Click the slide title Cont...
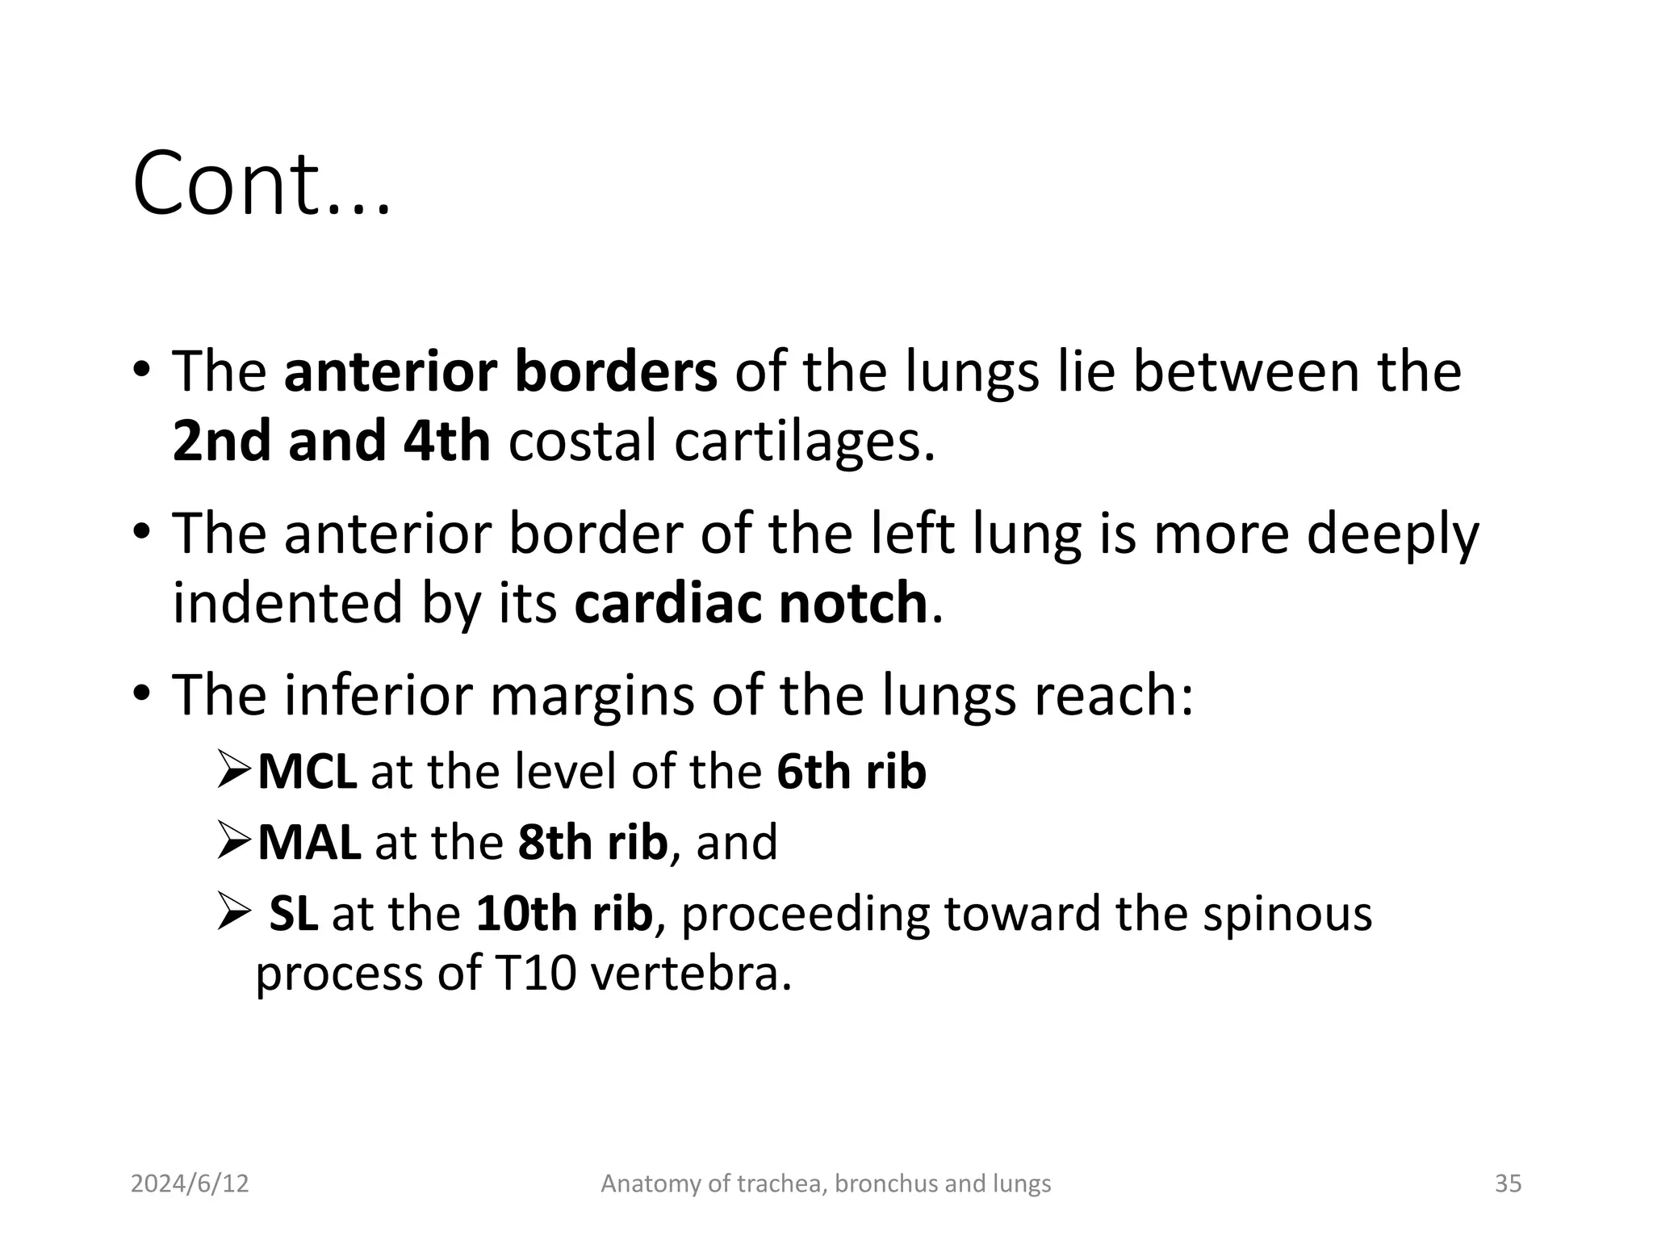[x=262, y=184]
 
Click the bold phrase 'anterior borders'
[x=500, y=371]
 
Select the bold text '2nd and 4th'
[x=331, y=442]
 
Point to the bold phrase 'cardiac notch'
[x=751, y=603]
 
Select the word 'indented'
[x=287, y=603]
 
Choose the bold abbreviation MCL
[x=307, y=772]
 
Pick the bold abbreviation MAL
[x=309, y=842]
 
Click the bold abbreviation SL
[x=293, y=914]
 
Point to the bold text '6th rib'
[x=851, y=772]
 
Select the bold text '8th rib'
[x=592, y=842]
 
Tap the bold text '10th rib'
[x=563, y=914]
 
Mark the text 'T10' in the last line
[x=535, y=974]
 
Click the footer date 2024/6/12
[x=190, y=1183]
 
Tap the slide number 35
[x=1508, y=1183]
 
